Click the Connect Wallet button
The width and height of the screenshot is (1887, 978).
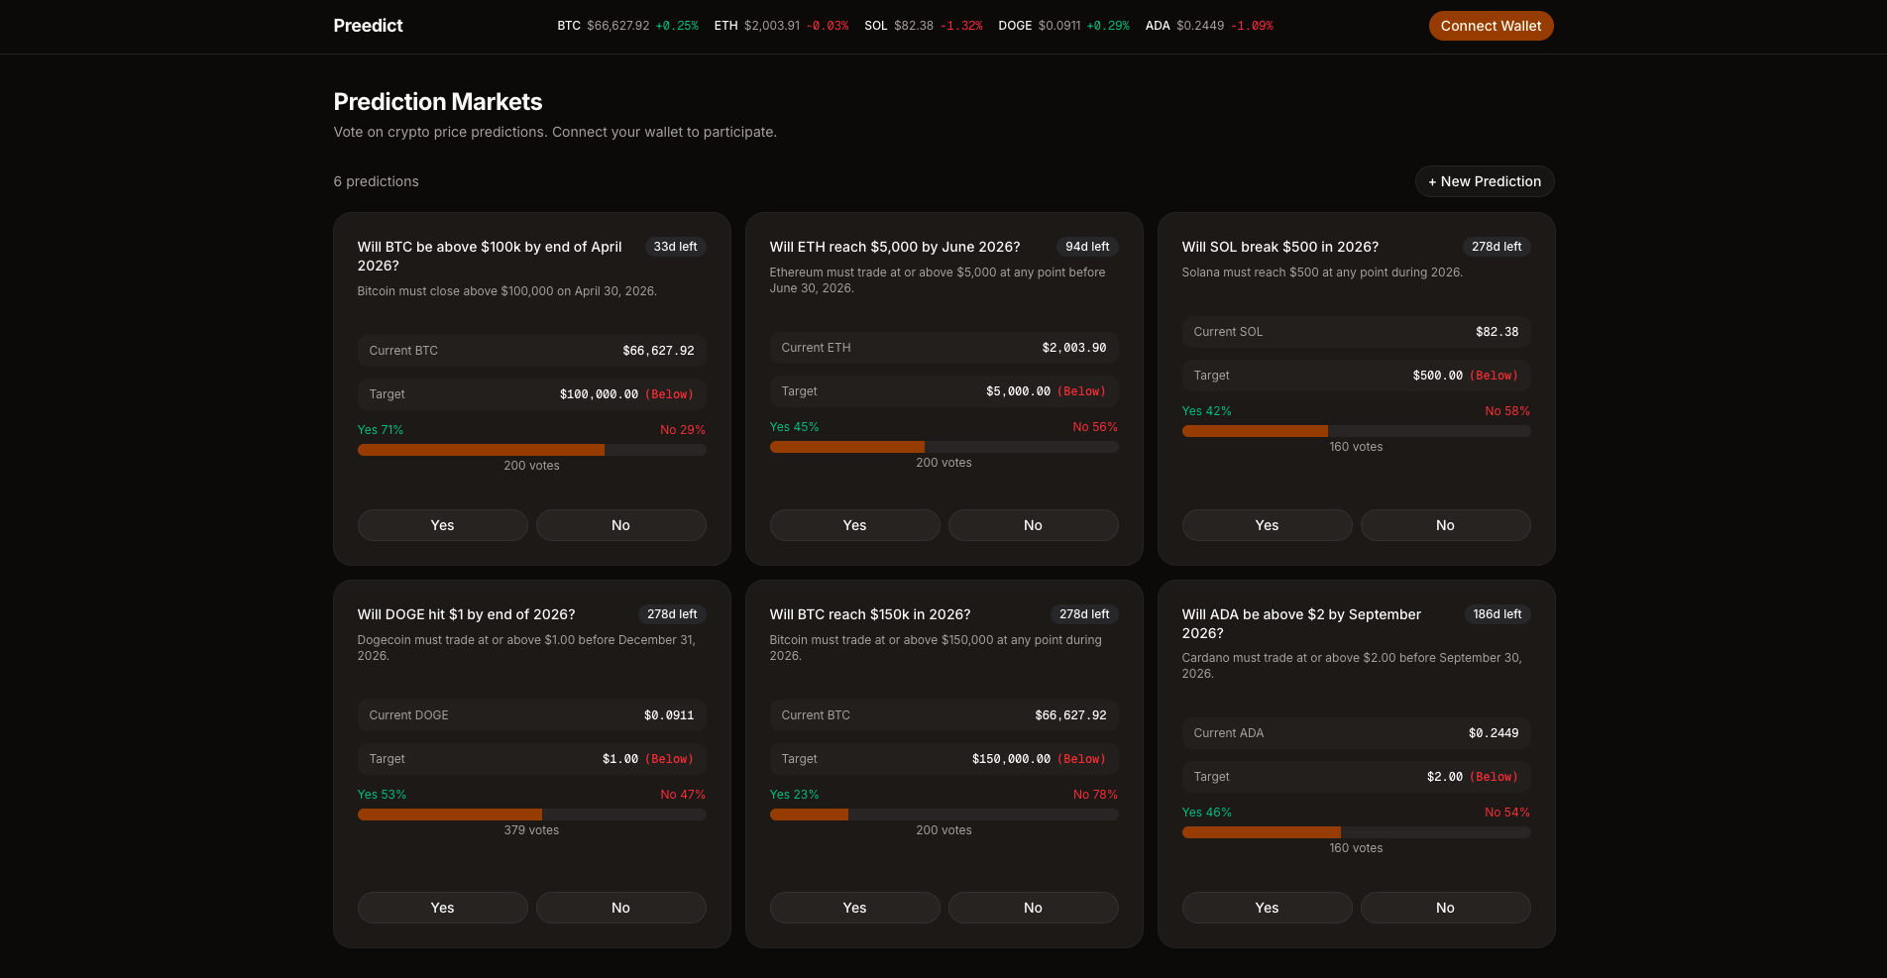[1491, 26]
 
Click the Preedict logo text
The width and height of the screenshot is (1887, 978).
[368, 26]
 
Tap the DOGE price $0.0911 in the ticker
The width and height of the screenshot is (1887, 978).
[1059, 26]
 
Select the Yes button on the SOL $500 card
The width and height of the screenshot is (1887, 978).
[1267, 525]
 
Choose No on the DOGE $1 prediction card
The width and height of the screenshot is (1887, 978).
[620, 908]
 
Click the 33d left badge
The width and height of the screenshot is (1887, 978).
[675, 247]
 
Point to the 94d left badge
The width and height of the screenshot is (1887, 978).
[1087, 247]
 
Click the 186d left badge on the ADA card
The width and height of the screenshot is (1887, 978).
[1497, 614]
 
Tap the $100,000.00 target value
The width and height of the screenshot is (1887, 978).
[599, 394]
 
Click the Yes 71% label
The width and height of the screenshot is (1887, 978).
[381, 430]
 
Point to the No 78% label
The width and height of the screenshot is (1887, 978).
[1095, 795]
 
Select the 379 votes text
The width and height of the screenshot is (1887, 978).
[531, 830]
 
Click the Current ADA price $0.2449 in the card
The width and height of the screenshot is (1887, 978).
[1493, 733]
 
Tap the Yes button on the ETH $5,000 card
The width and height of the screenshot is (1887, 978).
[854, 525]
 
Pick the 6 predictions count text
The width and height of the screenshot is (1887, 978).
[376, 181]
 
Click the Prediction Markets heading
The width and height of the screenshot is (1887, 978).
[437, 102]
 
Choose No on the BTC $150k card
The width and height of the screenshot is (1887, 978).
[1033, 908]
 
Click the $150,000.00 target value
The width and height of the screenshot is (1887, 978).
[1011, 759]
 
